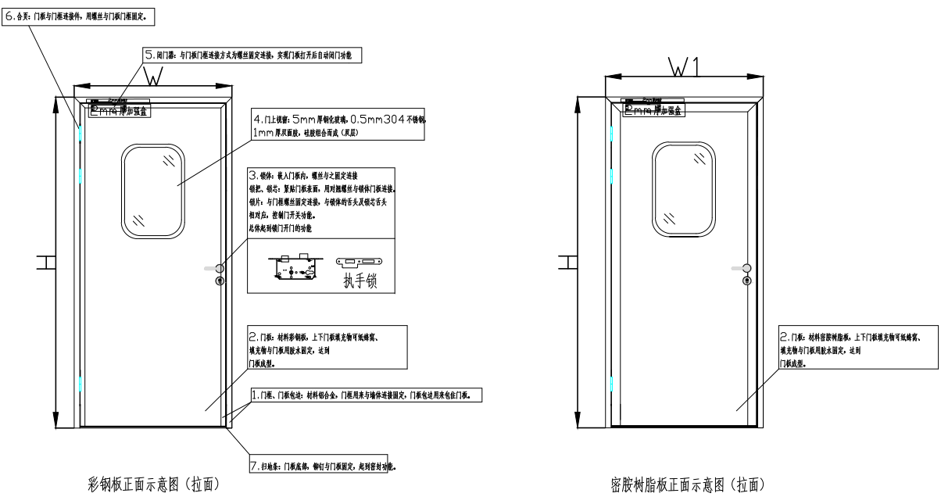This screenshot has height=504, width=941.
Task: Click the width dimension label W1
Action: pyautogui.click(x=684, y=66)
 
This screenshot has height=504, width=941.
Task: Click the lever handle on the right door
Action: pyautogui.click(x=743, y=268)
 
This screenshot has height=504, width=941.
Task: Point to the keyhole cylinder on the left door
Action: pyautogui.click(x=220, y=281)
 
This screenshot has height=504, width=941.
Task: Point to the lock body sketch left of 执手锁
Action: pyautogui.click(x=295, y=266)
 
